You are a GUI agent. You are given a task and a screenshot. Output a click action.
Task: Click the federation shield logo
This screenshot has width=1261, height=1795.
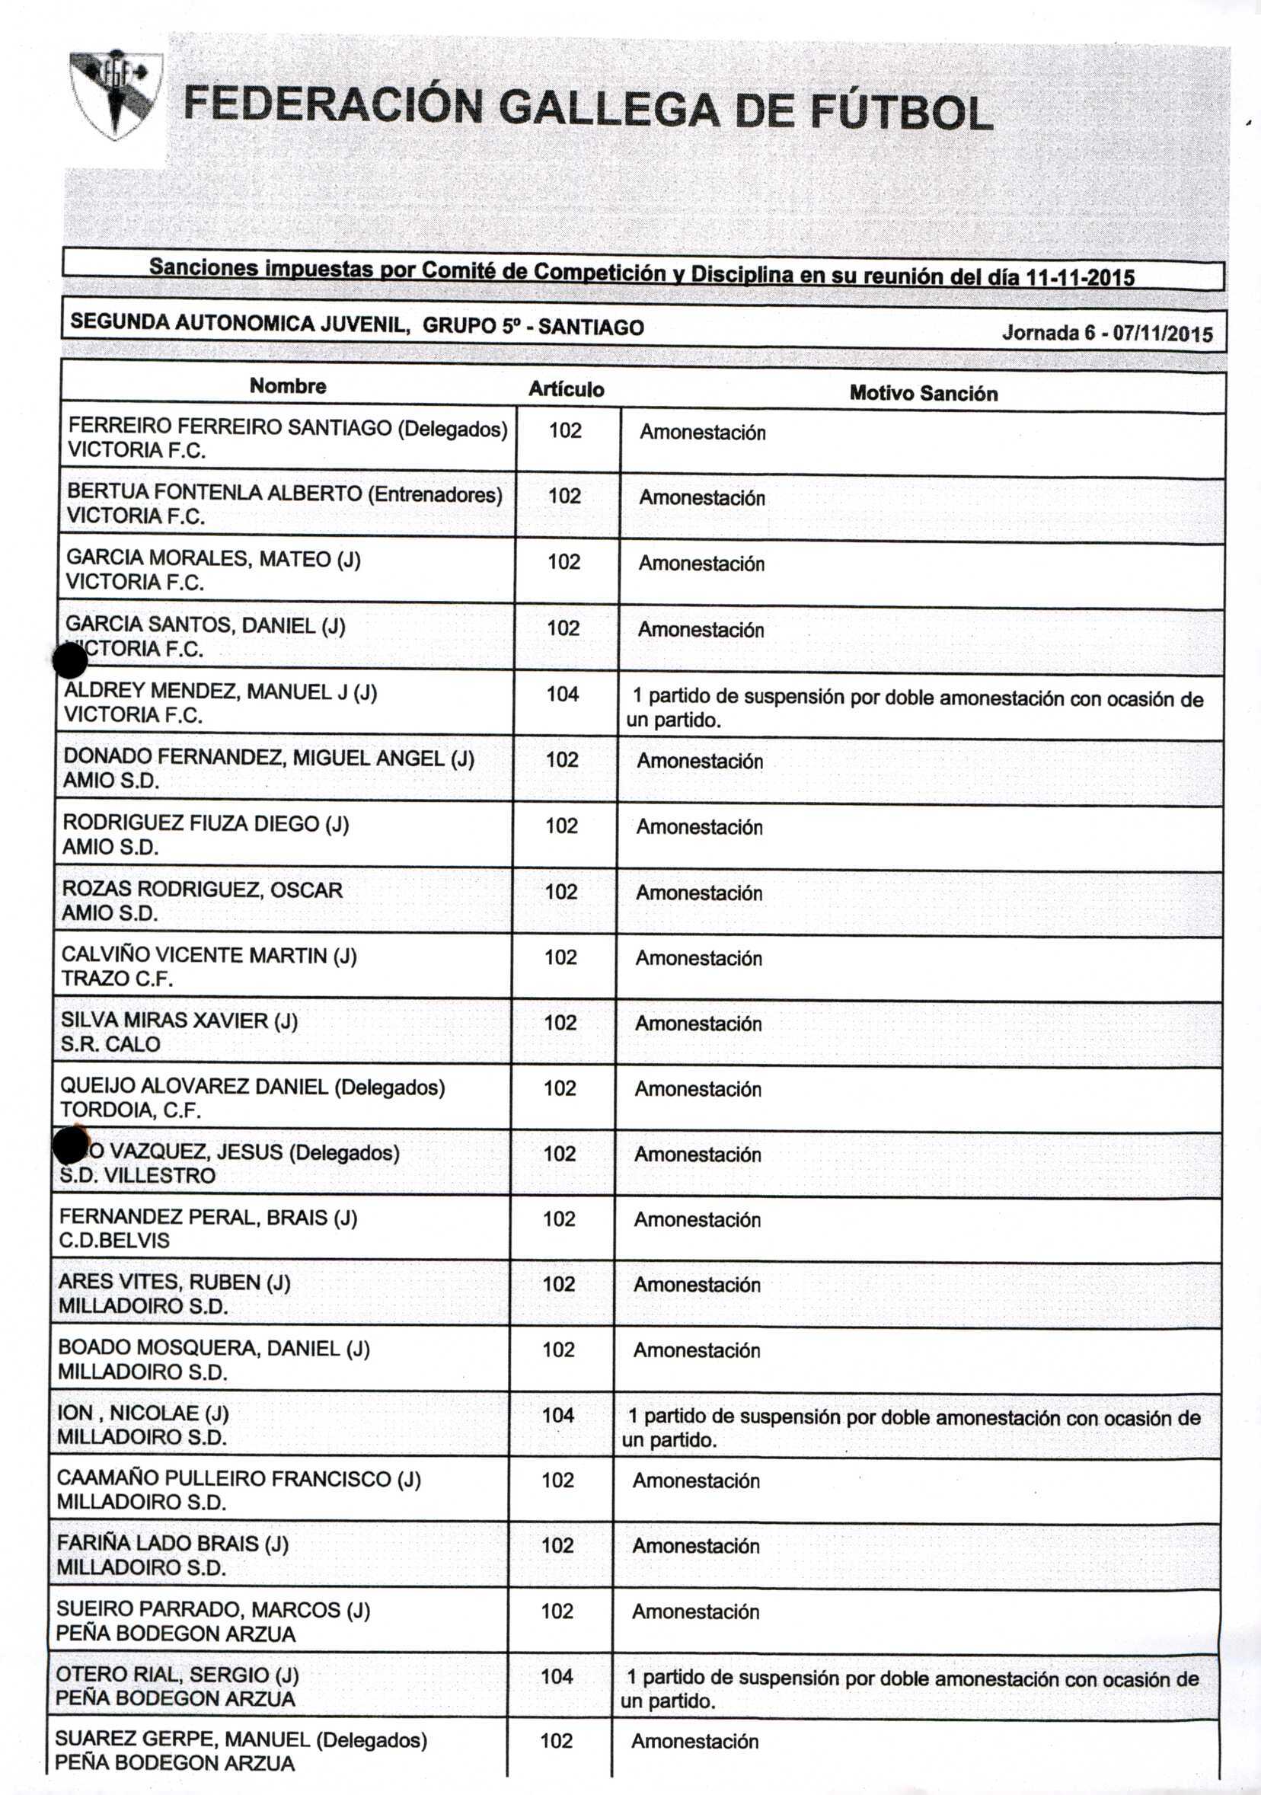(116, 95)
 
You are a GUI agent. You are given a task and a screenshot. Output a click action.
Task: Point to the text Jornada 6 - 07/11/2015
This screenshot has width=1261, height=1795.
(1107, 334)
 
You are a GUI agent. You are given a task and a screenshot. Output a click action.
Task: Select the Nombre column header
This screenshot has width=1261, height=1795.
(288, 386)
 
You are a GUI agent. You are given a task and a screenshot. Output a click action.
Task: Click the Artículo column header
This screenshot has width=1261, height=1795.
(566, 389)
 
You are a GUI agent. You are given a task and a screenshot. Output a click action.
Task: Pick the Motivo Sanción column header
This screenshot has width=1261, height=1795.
(923, 393)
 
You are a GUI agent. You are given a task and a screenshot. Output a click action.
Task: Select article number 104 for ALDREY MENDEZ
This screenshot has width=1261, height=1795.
(562, 695)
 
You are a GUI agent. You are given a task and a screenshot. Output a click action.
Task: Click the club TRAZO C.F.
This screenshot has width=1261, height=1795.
(117, 979)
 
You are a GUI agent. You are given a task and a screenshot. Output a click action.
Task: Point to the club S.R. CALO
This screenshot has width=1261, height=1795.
(110, 1044)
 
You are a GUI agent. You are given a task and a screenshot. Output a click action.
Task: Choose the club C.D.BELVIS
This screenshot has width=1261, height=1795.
(114, 1241)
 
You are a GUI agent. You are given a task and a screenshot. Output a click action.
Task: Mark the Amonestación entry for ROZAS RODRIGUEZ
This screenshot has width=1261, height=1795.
(698, 893)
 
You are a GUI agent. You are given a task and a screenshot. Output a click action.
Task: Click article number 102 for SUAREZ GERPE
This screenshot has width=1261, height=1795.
(556, 1741)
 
